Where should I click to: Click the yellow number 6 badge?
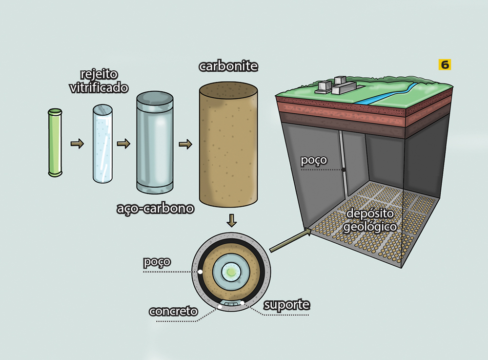[445, 64]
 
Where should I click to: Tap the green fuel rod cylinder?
[55, 142]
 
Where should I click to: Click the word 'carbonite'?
[228, 66]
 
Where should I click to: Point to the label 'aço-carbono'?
[155, 209]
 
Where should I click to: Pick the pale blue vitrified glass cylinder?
[102, 144]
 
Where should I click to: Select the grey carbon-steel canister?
[155, 143]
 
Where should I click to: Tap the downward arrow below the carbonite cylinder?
[231, 221]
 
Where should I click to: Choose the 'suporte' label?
[286, 305]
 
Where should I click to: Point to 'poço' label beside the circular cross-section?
[157, 262]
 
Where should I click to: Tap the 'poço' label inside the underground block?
[314, 160]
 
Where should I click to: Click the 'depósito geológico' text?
[369, 220]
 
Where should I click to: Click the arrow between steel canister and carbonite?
[185, 144]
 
